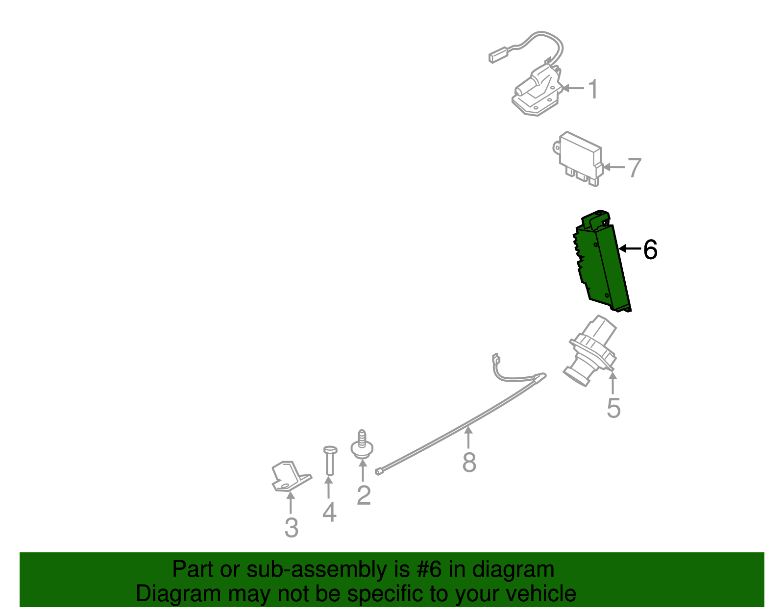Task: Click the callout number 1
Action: pos(593,89)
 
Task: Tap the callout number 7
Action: pos(634,168)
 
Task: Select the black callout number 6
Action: pos(650,250)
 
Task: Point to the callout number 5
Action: pos(613,408)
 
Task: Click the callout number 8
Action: pos(469,462)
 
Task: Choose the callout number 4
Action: pos(329,513)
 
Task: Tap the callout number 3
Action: pos(292,528)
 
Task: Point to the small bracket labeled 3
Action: pos(289,475)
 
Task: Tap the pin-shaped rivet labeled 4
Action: pos(330,461)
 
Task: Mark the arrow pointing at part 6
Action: pos(630,249)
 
